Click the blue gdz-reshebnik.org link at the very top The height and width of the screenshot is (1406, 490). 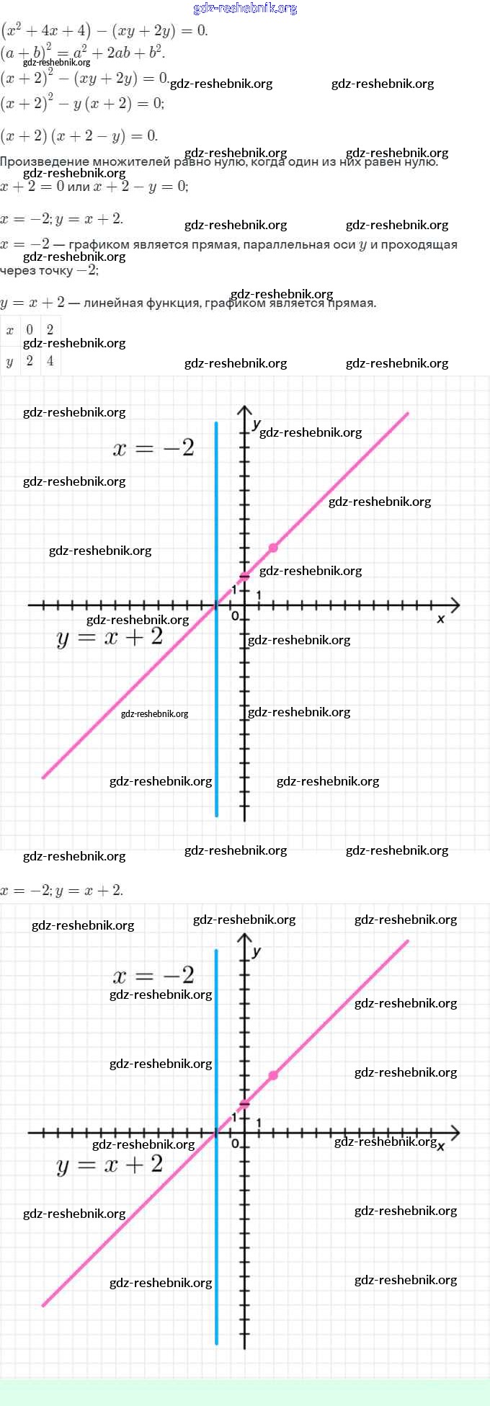click(x=245, y=9)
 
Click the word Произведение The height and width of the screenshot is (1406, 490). click(x=45, y=162)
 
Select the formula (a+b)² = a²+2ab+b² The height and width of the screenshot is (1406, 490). click(x=83, y=52)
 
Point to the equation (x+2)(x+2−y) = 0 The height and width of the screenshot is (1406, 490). click(x=79, y=135)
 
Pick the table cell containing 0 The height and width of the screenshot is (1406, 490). click(x=30, y=329)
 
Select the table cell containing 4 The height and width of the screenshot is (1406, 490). click(x=50, y=360)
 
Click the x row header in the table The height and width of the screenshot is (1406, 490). click(x=9, y=330)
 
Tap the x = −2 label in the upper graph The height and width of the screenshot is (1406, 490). click(x=153, y=448)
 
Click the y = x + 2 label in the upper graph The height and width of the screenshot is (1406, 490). click(x=110, y=637)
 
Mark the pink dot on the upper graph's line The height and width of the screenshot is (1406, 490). click(x=273, y=548)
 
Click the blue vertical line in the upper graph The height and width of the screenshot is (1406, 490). click(x=216, y=685)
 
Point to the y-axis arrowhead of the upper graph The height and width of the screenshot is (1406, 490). click(x=244, y=410)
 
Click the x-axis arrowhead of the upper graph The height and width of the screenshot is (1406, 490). click(x=455, y=605)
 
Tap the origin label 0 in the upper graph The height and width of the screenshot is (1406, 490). click(x=235, y=616)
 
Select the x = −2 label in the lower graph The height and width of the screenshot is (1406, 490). click(x=153, y=976)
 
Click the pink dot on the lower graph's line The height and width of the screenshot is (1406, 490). click(x=273, y=1075)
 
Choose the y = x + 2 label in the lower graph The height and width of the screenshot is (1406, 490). click(x=110, y=1165)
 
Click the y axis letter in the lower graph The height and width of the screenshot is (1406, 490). click(x=257, y=951)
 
